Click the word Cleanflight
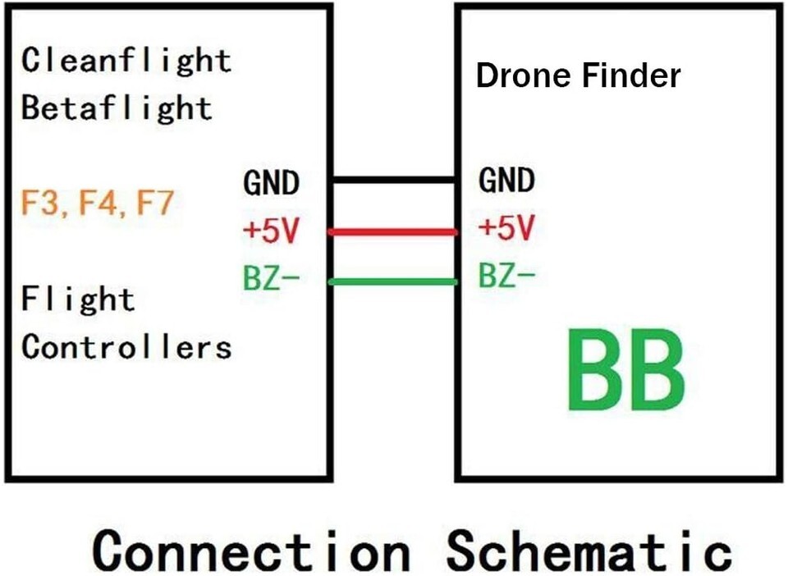coord(126,61)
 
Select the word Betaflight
coord(117,108)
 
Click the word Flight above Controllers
coord(78,299)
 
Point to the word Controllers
coord(126,347)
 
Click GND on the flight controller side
coord(271,183)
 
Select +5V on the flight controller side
coord(271,231)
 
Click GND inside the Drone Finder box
coord(506,181)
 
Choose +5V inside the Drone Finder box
coord(506,229)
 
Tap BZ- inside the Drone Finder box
coord(506,277)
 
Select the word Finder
coord(631,76)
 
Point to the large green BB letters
coord(625,371)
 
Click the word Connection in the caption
coord(250,550)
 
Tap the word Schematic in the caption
coord(588,550)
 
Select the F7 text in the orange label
coord(154,202)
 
